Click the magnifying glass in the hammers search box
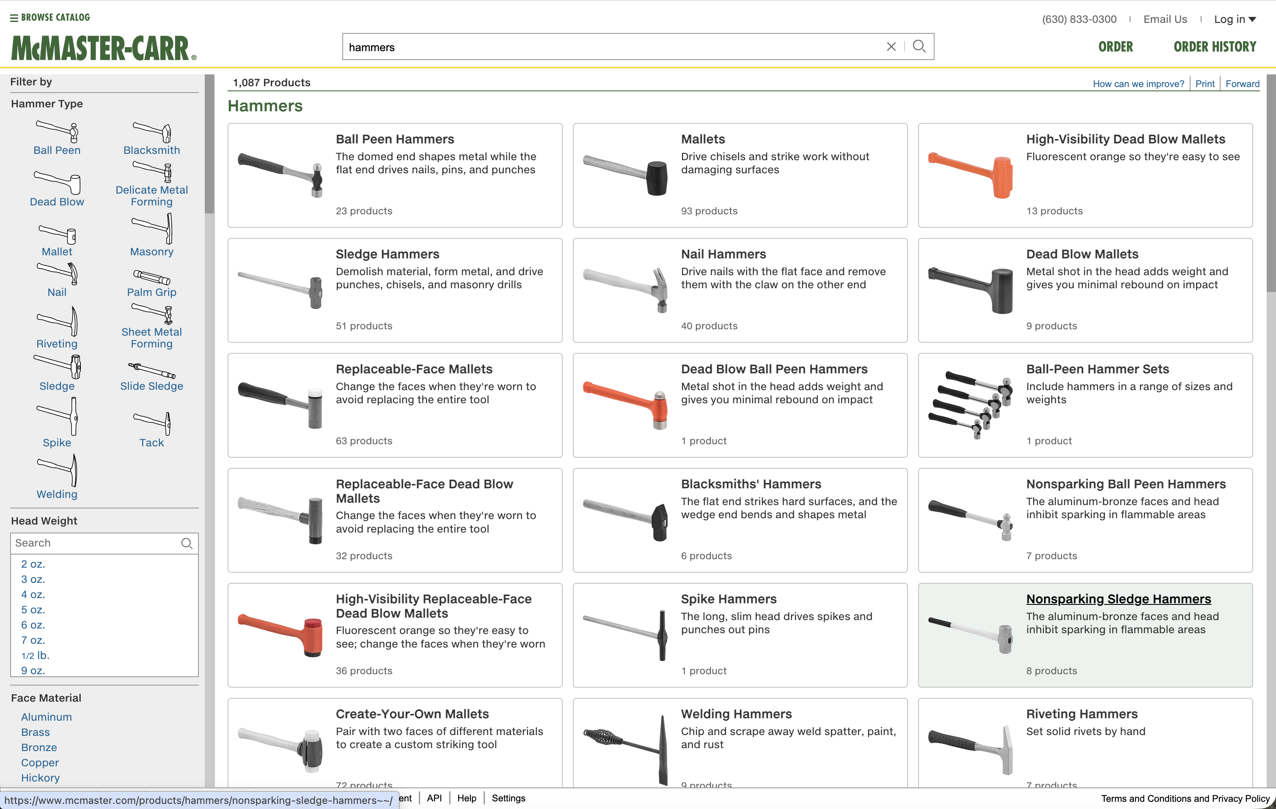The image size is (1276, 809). tap(919, 46)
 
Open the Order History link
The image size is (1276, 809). tap(1215, 46)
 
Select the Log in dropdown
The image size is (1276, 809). tap(1235, 19)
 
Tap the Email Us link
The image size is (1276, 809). tap(1165, 19)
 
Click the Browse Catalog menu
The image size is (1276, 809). tap(50, 17)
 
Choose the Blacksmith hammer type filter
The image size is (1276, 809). tap(151, 150)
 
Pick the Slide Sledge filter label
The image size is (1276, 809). tap(151, 386)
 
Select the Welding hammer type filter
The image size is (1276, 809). tap(57, 494)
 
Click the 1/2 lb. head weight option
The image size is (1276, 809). tap(35, 656)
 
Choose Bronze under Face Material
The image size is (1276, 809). tap(38, 747)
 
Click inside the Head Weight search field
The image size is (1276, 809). tap(95, 543)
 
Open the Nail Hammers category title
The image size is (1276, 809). tap(723, 254)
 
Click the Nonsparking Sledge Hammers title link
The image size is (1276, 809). tap(1118, 599)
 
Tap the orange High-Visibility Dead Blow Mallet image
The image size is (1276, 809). tap(970, 175)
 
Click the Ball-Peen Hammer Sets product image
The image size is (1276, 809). tap(970, 405)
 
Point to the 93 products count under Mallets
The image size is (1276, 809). tap(709, 211)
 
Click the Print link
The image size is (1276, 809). tap(1204, 84)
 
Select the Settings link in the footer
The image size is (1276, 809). tap(508, 798)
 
